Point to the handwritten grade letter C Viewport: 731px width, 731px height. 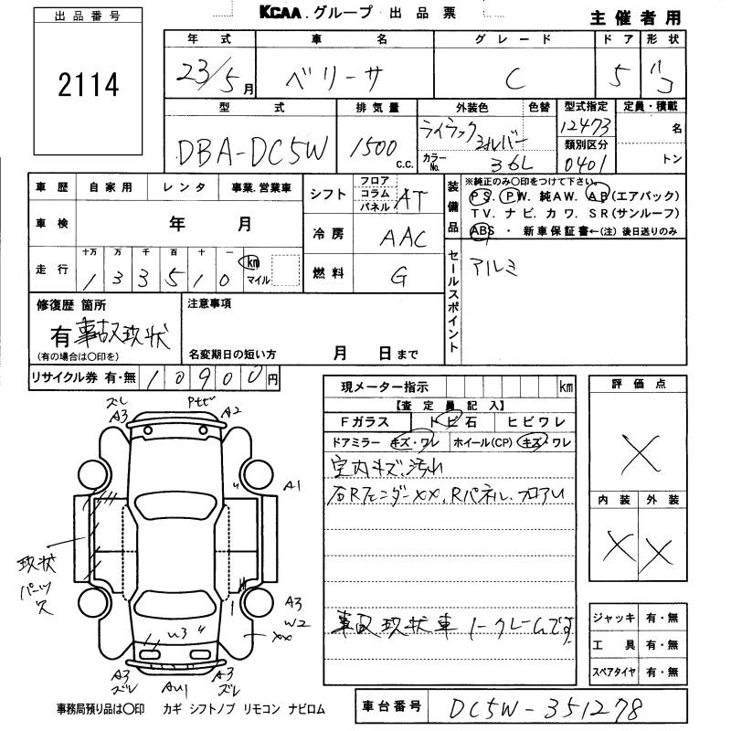click(514, 79)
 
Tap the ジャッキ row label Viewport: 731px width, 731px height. click(611, 618)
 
